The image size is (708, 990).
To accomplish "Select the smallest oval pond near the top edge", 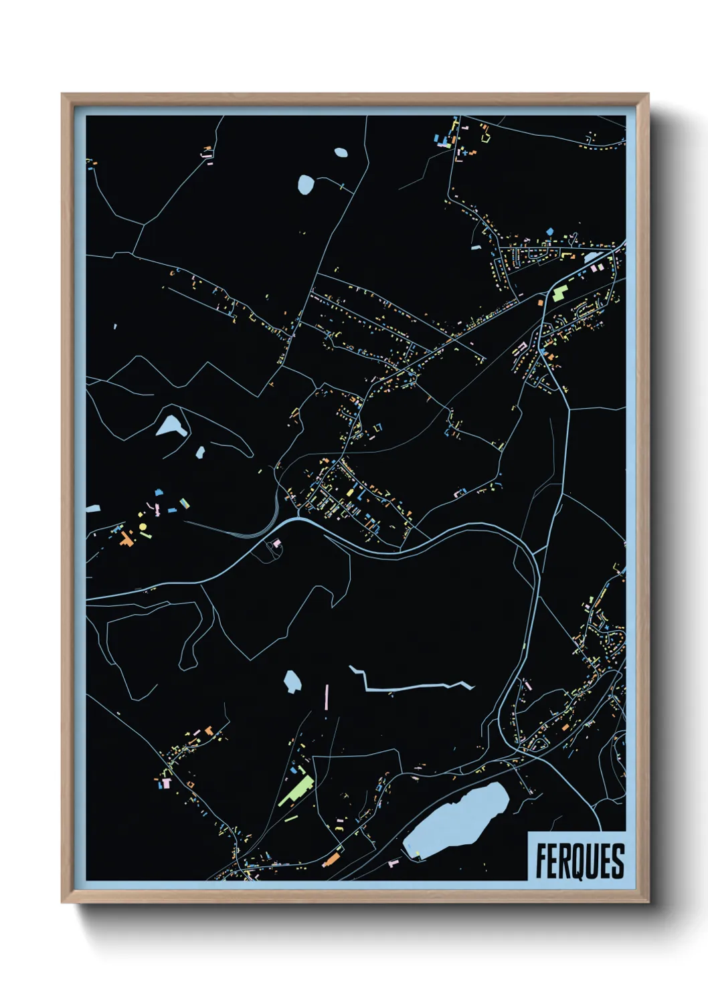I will click(x=341, y=152).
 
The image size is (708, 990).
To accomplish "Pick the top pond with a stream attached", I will click(x=306, y=184).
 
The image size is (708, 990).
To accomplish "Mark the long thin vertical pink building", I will click(x=327, y=696).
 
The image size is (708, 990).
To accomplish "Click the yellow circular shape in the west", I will click(x=143, y=527).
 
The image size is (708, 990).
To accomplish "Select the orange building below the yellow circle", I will click(x=126, y=539).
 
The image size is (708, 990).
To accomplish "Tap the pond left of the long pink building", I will click(x=292, y=682).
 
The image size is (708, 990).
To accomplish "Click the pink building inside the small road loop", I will click(x=276, y=543).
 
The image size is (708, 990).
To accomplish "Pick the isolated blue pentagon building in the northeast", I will click(x=550, y=231).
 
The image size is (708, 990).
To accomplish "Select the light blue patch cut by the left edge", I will click(x=92, y=509).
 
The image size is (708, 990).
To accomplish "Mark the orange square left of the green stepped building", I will click(x=539, y=302).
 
